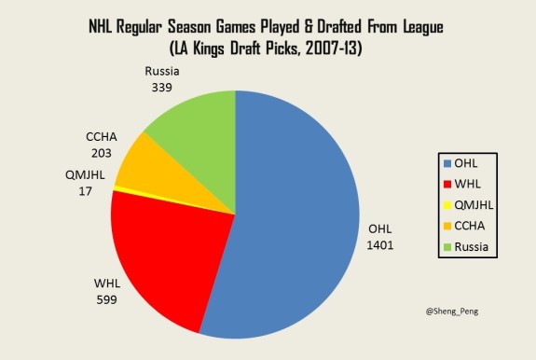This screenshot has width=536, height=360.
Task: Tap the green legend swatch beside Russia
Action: pos(447,246)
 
